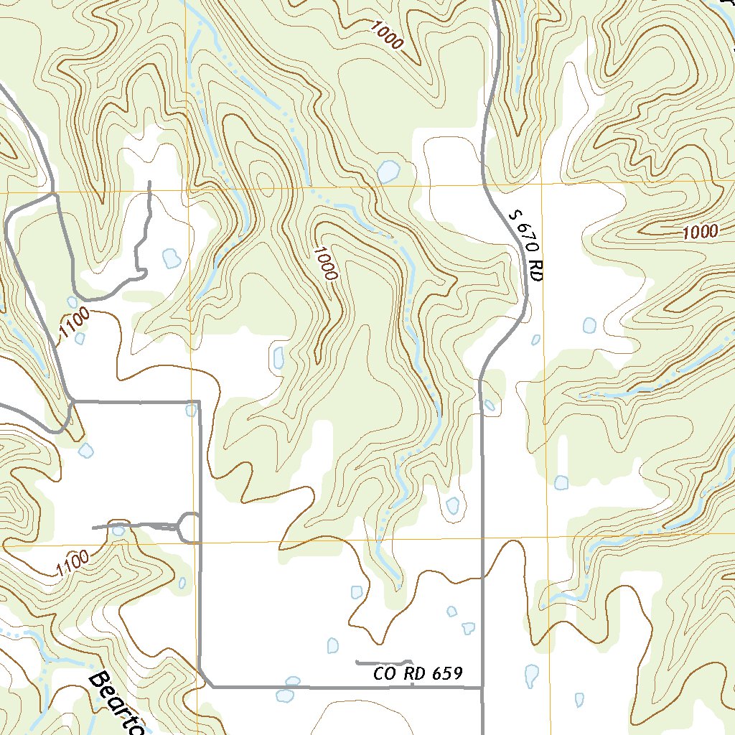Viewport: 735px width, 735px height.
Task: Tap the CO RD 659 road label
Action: [x=417, y=674]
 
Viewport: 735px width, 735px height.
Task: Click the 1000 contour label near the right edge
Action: [x=700, y=232]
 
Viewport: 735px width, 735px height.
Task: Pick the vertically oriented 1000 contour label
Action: [x=325, y=263]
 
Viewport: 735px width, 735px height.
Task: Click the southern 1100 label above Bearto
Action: [x=72, y=563]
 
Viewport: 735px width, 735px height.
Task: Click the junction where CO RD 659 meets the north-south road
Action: [x=482, y=688]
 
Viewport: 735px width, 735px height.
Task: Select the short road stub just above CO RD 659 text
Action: [x=383, y=662]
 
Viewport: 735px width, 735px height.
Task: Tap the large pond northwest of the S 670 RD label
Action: [x=388, y=172]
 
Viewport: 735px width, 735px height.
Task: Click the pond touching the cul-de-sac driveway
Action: [x=118, y=530]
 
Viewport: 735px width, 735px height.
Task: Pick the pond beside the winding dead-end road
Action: [x=172, y=258]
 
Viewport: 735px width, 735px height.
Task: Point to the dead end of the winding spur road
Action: [x=149, y=182]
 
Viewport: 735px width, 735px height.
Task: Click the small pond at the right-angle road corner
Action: [x=191, y=410]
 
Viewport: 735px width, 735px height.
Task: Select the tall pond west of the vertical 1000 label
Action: [x=278, y=357]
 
